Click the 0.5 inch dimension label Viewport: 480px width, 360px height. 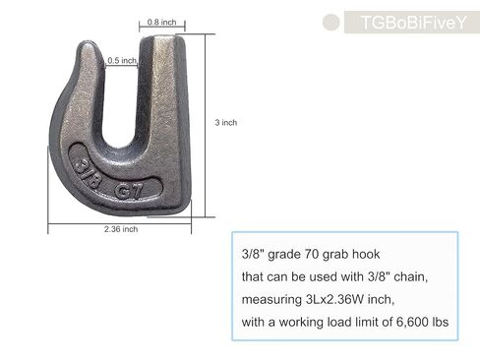click(122, 60)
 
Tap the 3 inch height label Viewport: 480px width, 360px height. click(225, 123)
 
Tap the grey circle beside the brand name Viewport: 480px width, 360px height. click(331, 22)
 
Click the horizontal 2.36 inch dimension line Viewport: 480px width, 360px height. click(118, 219)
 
